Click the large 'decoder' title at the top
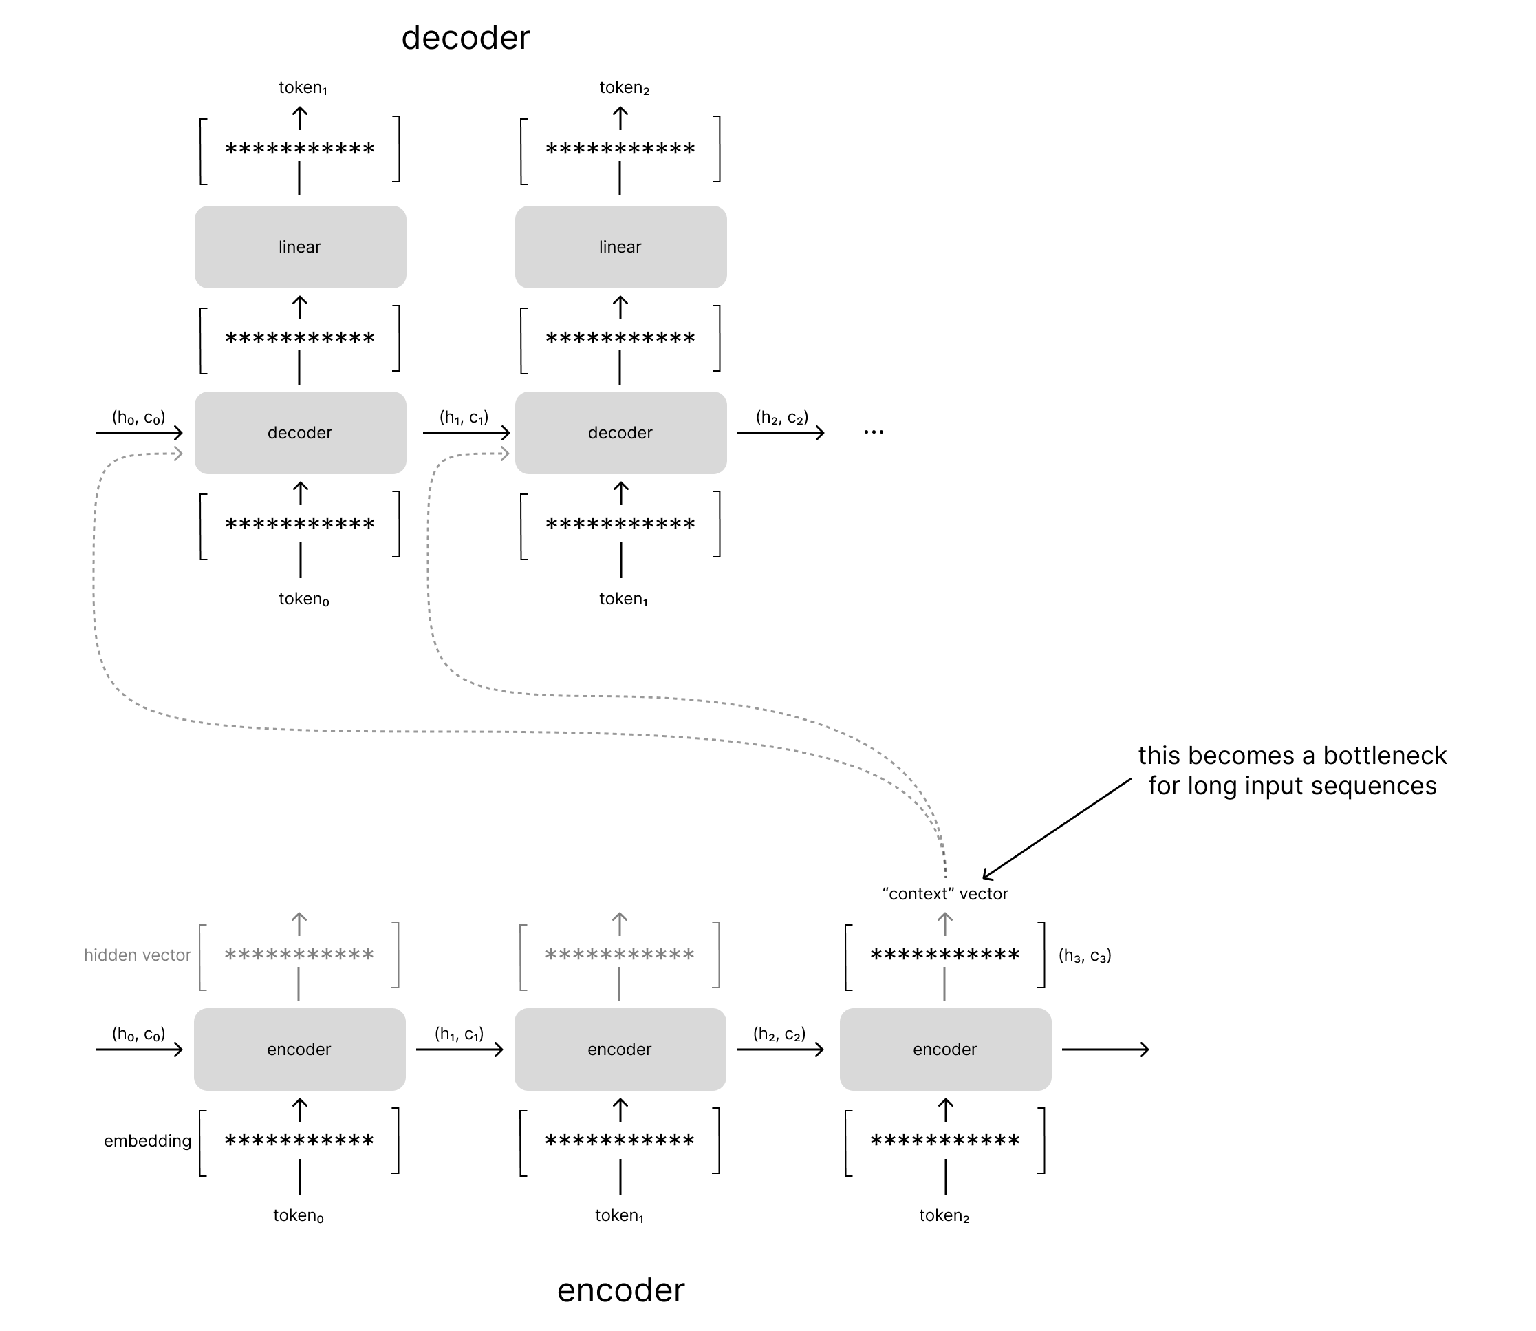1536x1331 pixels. click(x=466, y=38)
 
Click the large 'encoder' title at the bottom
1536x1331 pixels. click(x=620, y=1290)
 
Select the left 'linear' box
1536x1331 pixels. click(x=300, y=247)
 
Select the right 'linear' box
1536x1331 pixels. click(x=620, y=247)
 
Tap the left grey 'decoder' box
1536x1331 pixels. click(x=300, y=433)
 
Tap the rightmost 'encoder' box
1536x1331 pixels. click(x=945, y=1050)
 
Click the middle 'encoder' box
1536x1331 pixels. click(x=620, y=1050)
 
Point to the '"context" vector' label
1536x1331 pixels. click(x=945, y=894)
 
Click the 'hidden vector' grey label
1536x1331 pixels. click(x=138, y=955)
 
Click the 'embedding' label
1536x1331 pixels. click(x=147, y=1141)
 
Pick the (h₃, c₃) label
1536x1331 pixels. click(x=1085, y=956)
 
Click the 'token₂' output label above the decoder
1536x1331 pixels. click(x=625, y=88)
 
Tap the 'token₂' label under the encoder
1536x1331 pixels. click(x=944, y=1216)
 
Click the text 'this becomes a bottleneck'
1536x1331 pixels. click(x=1292, y=756)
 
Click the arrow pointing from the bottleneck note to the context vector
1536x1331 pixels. click(x=1057, y=829)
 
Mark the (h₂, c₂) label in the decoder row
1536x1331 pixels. click(x=781, y=418)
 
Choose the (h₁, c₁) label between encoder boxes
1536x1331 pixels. click(x=459, y=1034)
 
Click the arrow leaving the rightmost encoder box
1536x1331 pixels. click(x=1105, y=1050)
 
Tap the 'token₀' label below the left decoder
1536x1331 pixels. click(x=303, y=599)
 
